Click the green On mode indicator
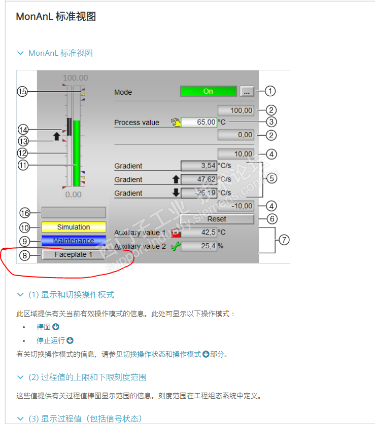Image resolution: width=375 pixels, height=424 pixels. (208, 92)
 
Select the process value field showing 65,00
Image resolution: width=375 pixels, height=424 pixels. (199, 122)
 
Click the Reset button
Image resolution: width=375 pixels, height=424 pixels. (217, 219)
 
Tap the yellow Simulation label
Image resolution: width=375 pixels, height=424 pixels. (74, 227)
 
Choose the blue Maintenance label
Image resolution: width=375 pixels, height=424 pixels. (74, 241)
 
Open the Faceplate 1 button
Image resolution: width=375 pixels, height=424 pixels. (74, 254)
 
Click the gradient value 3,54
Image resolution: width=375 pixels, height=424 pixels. (199, 166)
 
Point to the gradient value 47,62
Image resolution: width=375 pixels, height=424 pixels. (199, 179)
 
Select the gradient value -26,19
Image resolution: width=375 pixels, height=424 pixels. (199, 193)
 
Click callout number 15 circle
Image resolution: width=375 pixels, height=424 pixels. (22, 92)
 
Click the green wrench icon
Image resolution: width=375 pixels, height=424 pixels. (176, 247)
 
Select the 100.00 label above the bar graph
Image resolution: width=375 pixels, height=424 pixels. (75, 78)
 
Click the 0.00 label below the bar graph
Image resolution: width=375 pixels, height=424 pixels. (73, 195)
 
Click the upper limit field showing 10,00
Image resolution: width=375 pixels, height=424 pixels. (235, 153)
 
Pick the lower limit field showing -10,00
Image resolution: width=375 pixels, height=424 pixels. (235, 206)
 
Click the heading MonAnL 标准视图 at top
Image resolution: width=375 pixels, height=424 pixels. (56, 17)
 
